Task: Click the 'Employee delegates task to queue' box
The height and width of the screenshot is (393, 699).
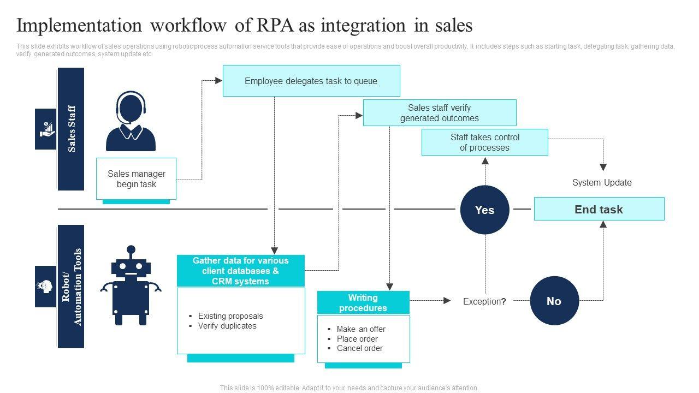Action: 311,81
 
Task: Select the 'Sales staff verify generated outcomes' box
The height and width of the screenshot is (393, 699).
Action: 440,113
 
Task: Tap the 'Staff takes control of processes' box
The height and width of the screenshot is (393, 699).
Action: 484,142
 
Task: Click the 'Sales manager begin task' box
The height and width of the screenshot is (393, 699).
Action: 137,179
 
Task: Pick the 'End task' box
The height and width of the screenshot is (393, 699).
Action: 599,209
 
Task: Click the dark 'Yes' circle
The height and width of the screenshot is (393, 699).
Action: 484,210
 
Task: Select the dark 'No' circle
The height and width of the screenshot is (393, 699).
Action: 554,301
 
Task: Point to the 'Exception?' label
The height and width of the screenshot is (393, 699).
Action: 484,301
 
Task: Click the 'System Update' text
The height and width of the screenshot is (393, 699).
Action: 602,182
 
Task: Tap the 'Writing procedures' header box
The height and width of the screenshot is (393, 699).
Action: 363,303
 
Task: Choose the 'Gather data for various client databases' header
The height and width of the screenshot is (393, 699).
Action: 241,271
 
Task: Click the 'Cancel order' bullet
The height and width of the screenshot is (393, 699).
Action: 359,348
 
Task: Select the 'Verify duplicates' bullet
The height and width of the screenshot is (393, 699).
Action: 227,326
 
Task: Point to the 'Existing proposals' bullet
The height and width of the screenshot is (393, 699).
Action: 230,316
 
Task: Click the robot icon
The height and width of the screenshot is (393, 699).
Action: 131,286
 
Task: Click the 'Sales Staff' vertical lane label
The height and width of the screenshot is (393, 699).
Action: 71,129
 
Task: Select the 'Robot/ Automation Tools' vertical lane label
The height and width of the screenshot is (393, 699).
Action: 71,287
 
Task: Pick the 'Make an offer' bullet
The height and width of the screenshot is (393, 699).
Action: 361,329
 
